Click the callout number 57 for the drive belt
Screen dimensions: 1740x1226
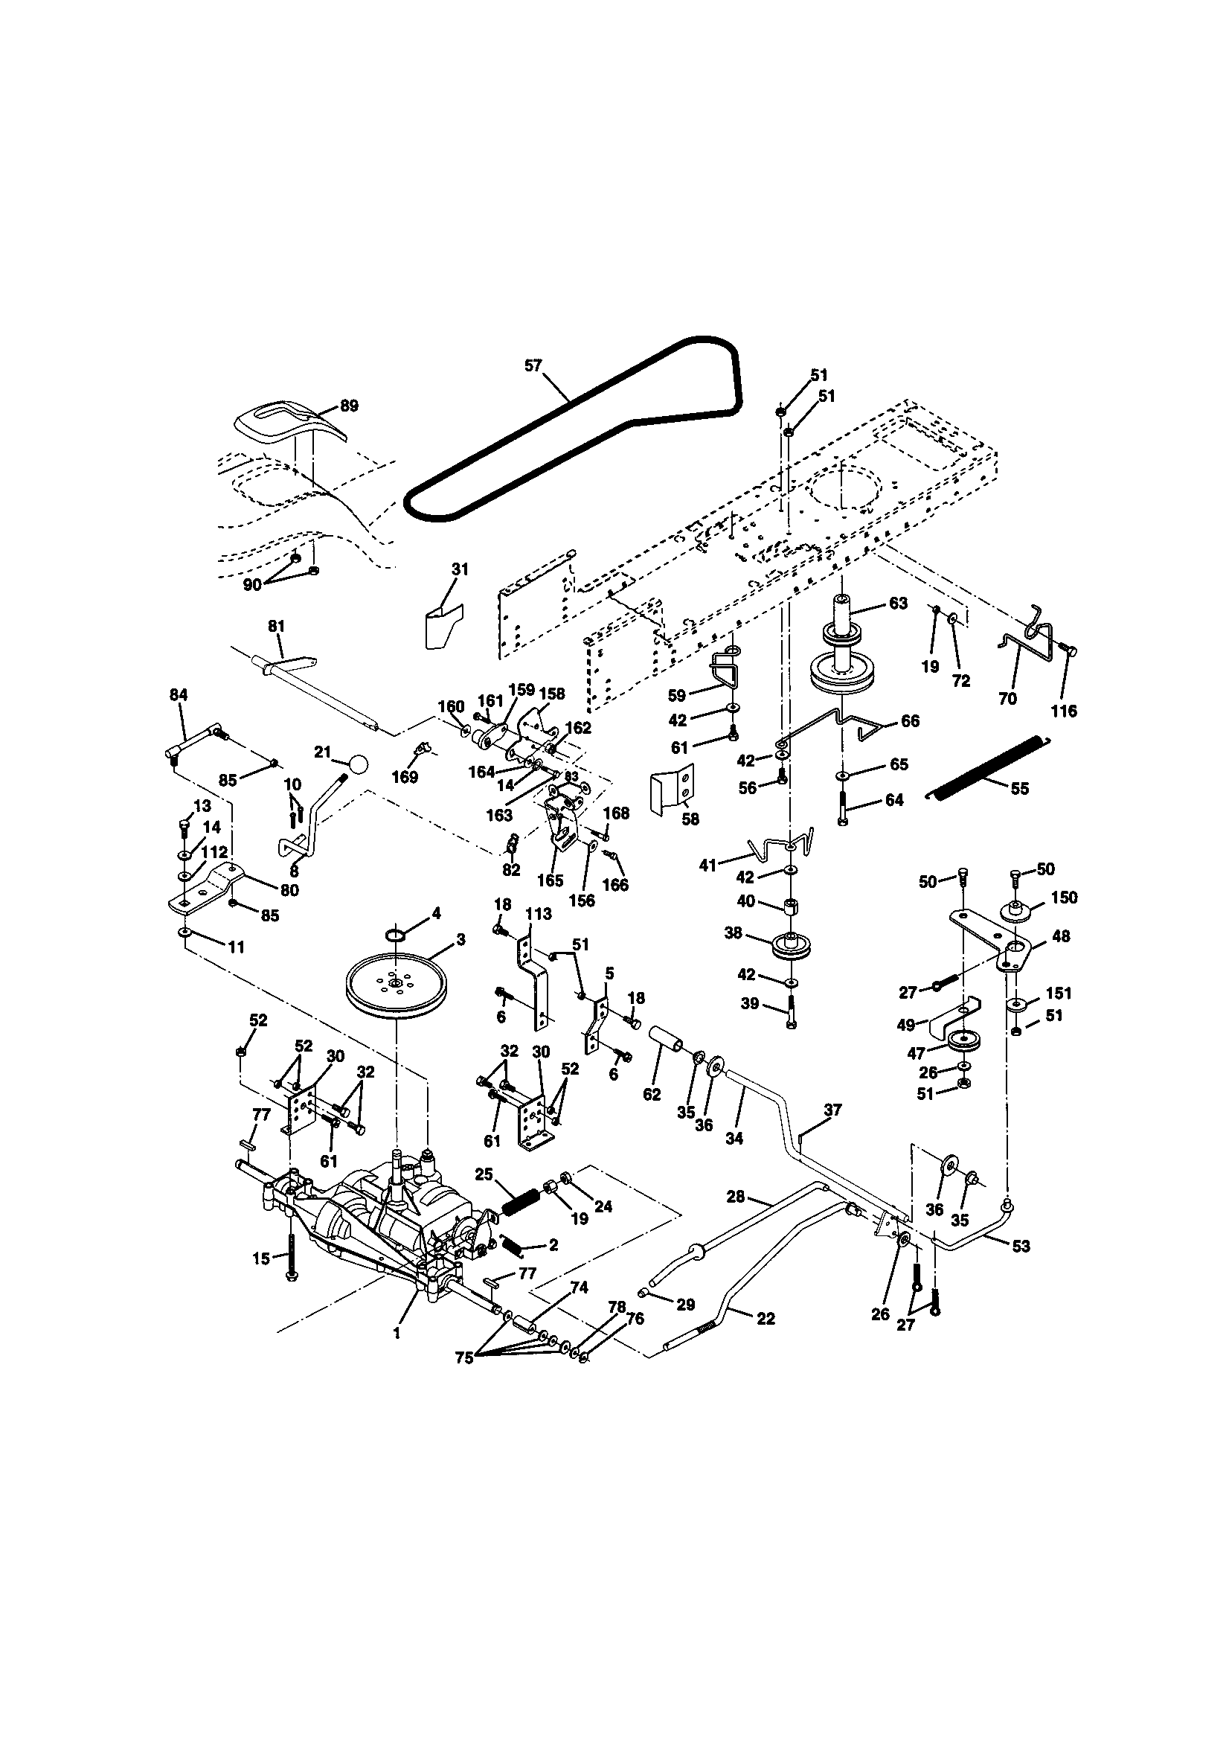[533, 365]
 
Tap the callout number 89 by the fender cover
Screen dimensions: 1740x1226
[349, 406]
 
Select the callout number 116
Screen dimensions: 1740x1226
[1064, 711]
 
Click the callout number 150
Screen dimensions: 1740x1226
[1065, 898]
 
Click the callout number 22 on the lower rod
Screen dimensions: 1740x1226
[766, 1319]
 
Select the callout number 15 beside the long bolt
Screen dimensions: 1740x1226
[260, 1258]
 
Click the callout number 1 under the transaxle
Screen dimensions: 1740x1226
[397, 1331]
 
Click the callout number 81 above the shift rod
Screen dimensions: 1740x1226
[277, 627]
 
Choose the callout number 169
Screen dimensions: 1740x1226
[406, 778]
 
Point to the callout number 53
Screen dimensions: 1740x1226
[1021, 1246]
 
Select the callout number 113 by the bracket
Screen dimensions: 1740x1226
[539, 915]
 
